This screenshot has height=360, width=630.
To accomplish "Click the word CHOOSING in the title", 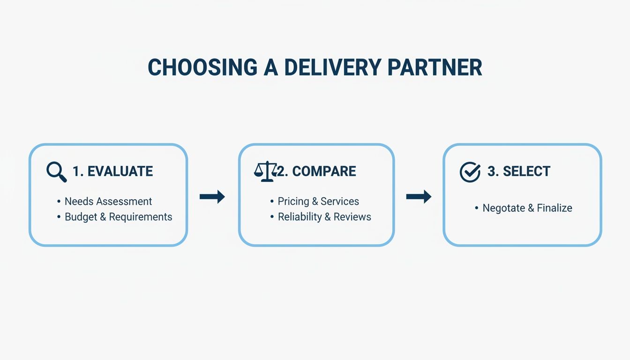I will (x=202, y=67).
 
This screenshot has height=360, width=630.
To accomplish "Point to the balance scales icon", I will (x=265, y=171).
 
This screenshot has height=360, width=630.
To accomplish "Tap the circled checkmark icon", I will (x=470, y=172).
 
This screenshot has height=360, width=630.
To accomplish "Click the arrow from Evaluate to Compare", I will (x=212, y=196).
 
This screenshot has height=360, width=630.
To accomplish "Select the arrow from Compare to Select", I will (x=419, y=196).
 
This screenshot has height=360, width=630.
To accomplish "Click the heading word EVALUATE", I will (x=120, y=172).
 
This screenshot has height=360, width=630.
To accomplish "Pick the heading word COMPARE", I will (x=324, y=171).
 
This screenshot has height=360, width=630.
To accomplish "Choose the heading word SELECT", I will (x=526, y=171).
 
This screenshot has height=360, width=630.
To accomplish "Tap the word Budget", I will (x=81, y=217).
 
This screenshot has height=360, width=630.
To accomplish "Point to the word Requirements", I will (x=141, y=217).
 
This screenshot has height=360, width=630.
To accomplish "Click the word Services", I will (x=340, y=202).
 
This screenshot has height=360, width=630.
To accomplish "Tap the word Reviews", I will (x=352, y=217).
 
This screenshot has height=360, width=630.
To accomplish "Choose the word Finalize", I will (x=554, y=208).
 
